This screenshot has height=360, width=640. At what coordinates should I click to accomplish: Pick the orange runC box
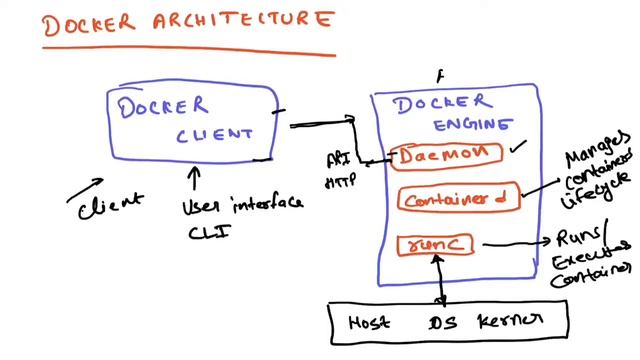click(x=434, y=243)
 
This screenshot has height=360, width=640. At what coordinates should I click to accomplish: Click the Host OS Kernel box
click(x=449, y=320)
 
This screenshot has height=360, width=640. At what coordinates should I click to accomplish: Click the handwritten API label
click(x=338, y=159)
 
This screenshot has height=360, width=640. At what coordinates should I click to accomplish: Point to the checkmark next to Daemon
click(x=516, y=149)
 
